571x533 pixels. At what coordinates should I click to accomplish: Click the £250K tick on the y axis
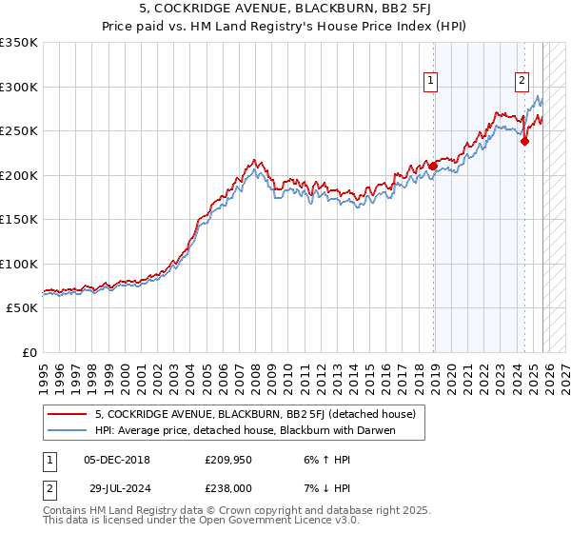pos(19,130)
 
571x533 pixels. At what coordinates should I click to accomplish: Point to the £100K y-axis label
pos(19,264)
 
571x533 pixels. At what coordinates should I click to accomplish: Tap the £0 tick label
pos(30,352)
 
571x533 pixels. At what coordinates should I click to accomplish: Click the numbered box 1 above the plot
pos(431,82)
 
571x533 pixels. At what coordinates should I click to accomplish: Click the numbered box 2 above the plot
pos(522,82)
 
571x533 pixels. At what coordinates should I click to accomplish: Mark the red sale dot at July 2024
pos(525,142)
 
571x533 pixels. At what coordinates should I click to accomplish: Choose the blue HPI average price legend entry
pos(245,430)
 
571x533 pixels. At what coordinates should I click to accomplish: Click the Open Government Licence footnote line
pos(202,523)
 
